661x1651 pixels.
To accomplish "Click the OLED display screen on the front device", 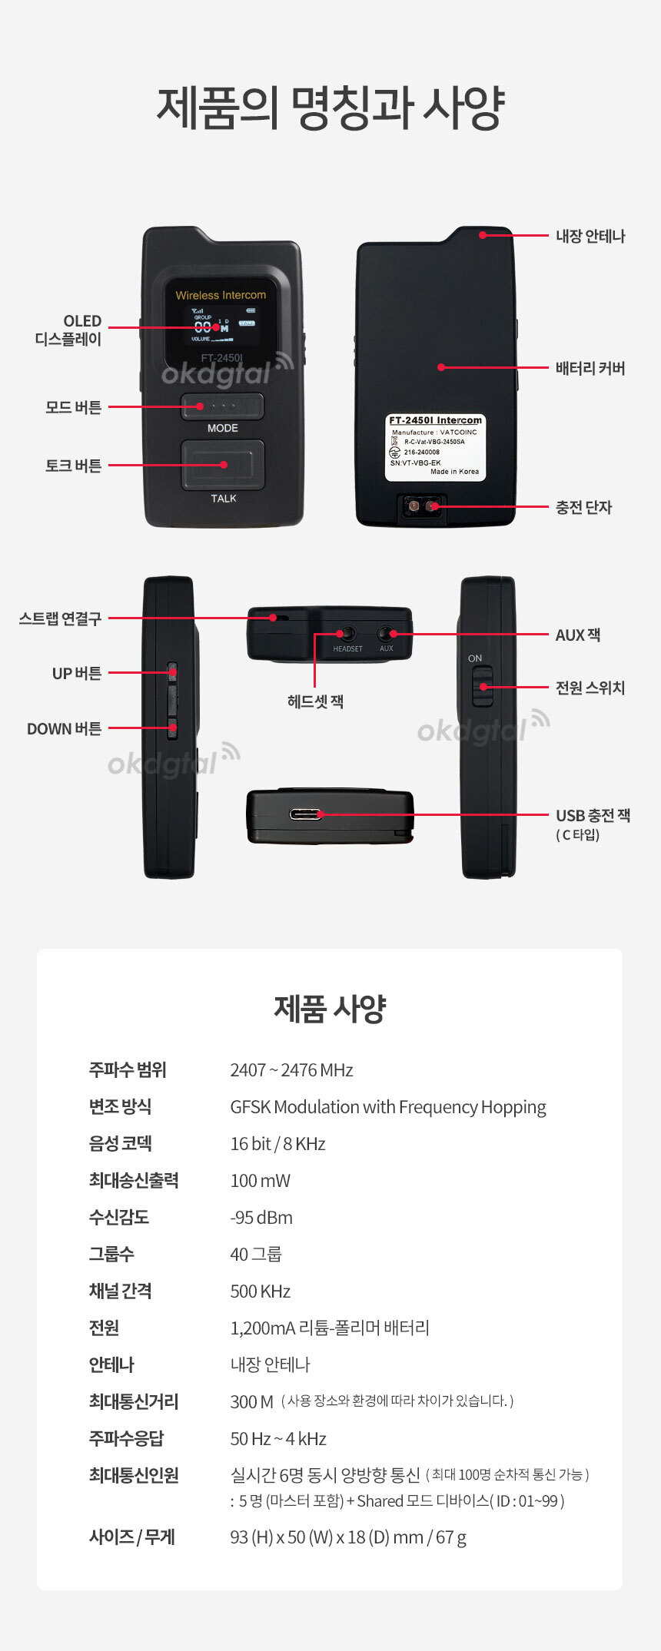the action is click(221, 323).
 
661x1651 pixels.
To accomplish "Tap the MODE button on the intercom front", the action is click(222, 406).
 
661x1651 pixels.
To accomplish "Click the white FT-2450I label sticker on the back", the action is click(436, 448).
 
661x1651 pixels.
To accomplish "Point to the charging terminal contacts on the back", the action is click(423, 506).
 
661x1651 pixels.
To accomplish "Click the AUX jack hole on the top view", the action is click(386, 634).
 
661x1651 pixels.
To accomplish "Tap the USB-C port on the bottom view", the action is click(307, 814).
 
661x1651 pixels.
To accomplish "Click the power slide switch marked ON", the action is click(482, 687).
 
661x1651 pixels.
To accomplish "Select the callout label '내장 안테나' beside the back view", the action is click(590, 236).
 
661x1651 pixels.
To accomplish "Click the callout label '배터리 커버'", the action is click(590, 368).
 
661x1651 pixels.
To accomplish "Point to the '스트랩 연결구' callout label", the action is click(60, 618).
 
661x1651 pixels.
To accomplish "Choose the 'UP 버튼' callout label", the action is click(77, 673).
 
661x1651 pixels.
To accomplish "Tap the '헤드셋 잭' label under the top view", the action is click(315, 701).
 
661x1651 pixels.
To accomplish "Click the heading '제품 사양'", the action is click(330, 1009).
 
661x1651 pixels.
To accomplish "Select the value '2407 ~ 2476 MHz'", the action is click(291, 1070).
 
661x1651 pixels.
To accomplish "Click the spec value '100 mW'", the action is click(260, 1181).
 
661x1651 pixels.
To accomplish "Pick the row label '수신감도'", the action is click(119, 1217).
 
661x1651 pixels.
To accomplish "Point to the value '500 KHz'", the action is click(260, 1291).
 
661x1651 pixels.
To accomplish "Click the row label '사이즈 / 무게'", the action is click(132, 1537).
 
